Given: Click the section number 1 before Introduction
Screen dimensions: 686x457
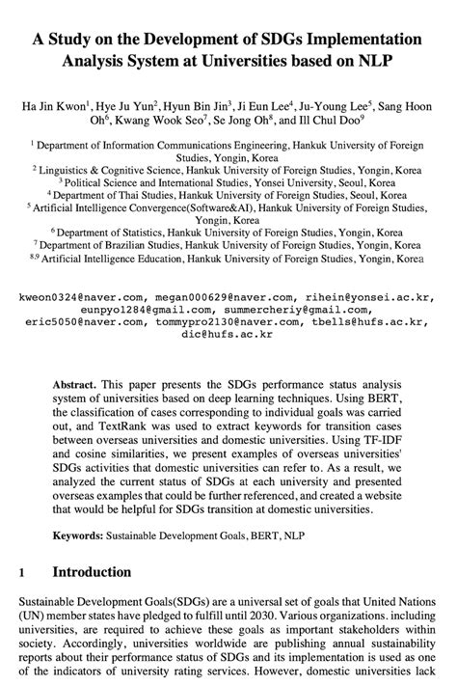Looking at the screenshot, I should (x=20, y=572).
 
